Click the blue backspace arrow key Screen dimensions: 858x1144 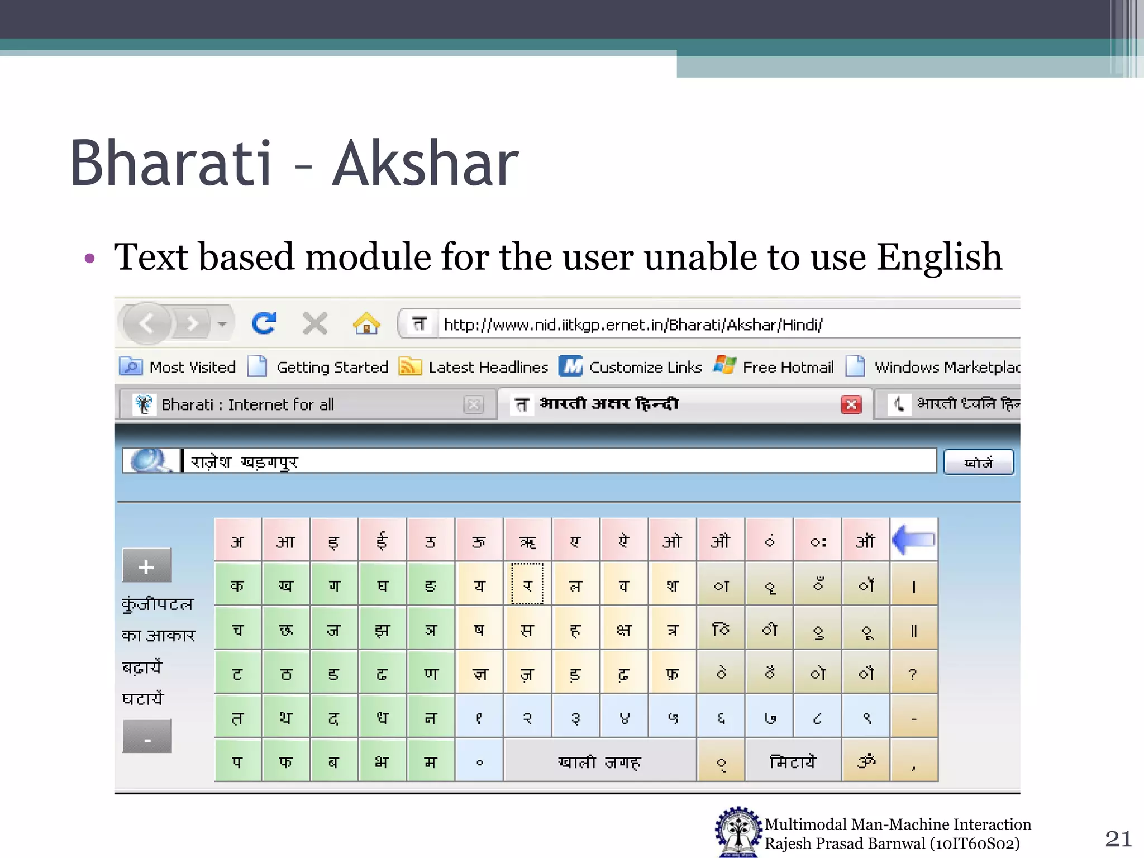point(914,540)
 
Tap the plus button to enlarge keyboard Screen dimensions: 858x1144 point(146,566)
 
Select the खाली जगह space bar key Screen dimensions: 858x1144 point(599,761)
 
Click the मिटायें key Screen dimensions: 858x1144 point(792,761)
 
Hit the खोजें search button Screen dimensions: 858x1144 point(978,463)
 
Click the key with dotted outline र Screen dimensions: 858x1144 point(527,584)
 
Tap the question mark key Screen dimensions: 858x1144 point(913,674)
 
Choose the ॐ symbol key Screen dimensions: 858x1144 point(865,761)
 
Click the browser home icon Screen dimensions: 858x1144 point(366,323)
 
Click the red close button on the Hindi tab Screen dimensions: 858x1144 point(851,404)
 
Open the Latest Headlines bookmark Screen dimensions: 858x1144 point(487,368)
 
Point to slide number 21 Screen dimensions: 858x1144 point(1118,838)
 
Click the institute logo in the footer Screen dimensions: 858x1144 point(738,832)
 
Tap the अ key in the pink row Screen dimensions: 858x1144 point(237,541)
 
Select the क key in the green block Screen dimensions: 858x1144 point(237,585)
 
